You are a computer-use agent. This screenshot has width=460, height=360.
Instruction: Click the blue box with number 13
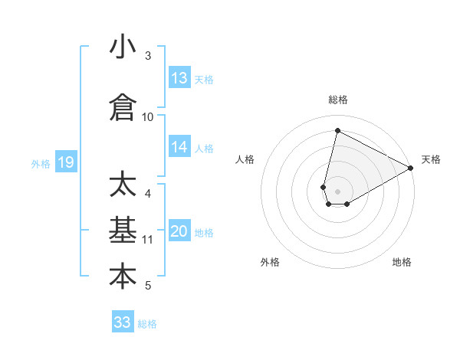(x=179, y=78)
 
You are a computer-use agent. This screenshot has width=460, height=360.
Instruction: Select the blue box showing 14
(x=179, y=148)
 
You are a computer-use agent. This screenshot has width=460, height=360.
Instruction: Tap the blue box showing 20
(x=179, y=232)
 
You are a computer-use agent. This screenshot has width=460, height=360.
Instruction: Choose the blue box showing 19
(x=65, y=162)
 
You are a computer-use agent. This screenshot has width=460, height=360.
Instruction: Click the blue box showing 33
(x=123, y=322)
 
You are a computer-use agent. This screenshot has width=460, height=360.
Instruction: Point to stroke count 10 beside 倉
(x=148, y=116)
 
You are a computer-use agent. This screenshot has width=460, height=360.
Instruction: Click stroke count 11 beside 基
(x=148, y=239)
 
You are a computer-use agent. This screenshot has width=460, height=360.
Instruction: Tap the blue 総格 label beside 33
(x=147, y=324)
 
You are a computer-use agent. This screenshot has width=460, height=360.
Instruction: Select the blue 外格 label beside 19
(x=41, y=163)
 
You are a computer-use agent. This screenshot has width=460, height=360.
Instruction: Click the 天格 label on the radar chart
(x=431, y=159)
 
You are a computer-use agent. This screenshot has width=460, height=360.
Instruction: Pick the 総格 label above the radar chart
(x=338, y=100)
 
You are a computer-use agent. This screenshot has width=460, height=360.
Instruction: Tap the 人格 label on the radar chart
(x=245, y=159)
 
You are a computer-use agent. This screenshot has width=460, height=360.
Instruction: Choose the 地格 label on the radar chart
(x=402, y=262)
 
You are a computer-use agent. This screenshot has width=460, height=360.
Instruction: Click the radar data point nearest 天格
(x=411, y=169)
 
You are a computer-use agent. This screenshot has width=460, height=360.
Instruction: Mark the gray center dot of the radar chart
(x=338, y=191)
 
